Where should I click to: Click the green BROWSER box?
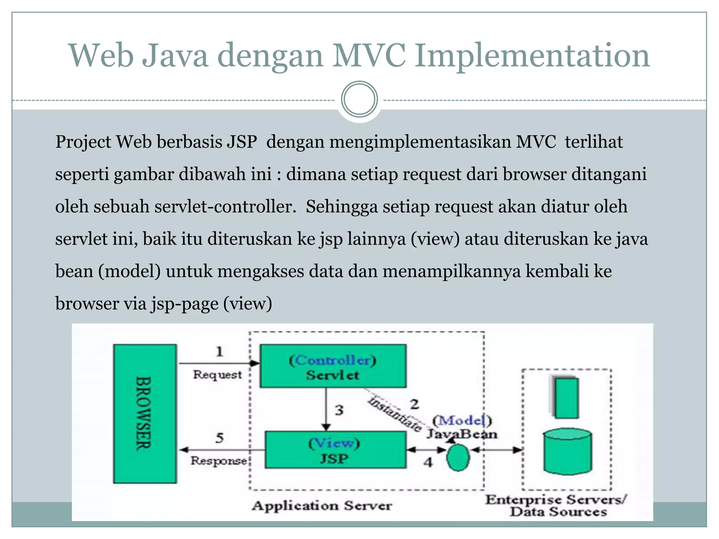(145, 413)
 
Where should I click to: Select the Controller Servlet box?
(333, 366)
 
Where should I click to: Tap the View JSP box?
(335, 450)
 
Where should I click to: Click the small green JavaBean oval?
(458, 458)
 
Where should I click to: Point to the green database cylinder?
(567, 451)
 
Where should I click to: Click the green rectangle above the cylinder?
(566, 397)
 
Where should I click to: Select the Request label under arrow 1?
(217, 375)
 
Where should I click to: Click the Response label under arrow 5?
(219, 460)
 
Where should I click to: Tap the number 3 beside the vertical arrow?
(339, 410)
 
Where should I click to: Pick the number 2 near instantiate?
(415, 404)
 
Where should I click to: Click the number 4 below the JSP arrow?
(428, 462)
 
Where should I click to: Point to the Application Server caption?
(322, 505)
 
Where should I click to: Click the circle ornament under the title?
(359, 99)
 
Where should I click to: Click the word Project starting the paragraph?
(83, 142)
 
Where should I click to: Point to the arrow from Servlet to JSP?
(326, 409)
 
